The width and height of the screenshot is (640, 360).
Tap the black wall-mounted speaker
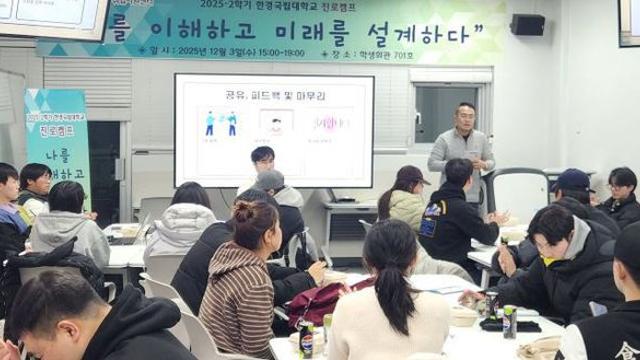click(x=526, y=24)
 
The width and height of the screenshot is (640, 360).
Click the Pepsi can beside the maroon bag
click(x=306, y=338)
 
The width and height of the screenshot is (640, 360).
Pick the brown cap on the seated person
click(x=412, y=175)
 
